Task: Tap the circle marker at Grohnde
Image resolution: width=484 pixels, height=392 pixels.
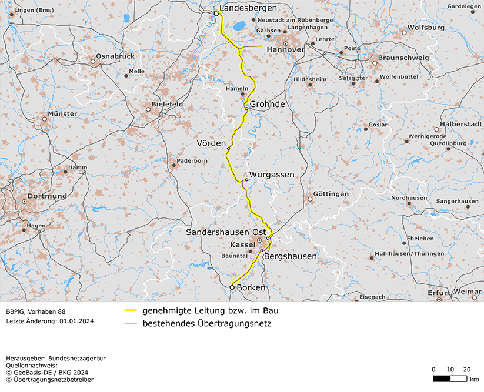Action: [x=246, y=108]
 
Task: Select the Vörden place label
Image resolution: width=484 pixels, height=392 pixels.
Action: [x=211, y=143]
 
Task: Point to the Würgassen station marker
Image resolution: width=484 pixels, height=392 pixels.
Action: [x=246, y=180]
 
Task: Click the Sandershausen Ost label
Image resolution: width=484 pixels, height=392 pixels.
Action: [x=226, y=233]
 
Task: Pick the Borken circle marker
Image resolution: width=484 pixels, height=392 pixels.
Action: [x=232, y=287]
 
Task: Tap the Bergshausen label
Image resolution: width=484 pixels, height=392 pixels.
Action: [x=291, y=256]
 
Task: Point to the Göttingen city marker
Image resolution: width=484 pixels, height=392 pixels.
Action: [x=310, y=199]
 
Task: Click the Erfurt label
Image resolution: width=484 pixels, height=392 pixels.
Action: [x=439, y=292]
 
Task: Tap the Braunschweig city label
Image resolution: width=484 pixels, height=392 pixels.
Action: [x=400, y=59]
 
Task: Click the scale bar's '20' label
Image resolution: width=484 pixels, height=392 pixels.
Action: [x=467, y=369]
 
